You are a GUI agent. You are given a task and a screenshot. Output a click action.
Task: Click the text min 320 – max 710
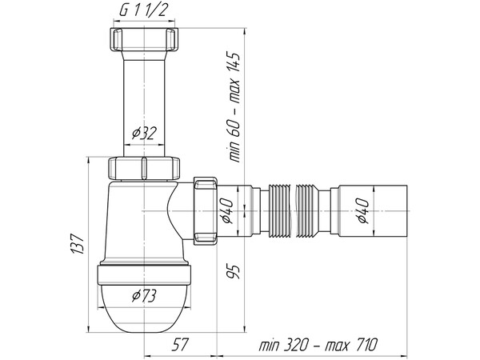point(319,345)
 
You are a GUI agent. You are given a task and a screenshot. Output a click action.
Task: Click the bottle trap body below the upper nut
point(132,220)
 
